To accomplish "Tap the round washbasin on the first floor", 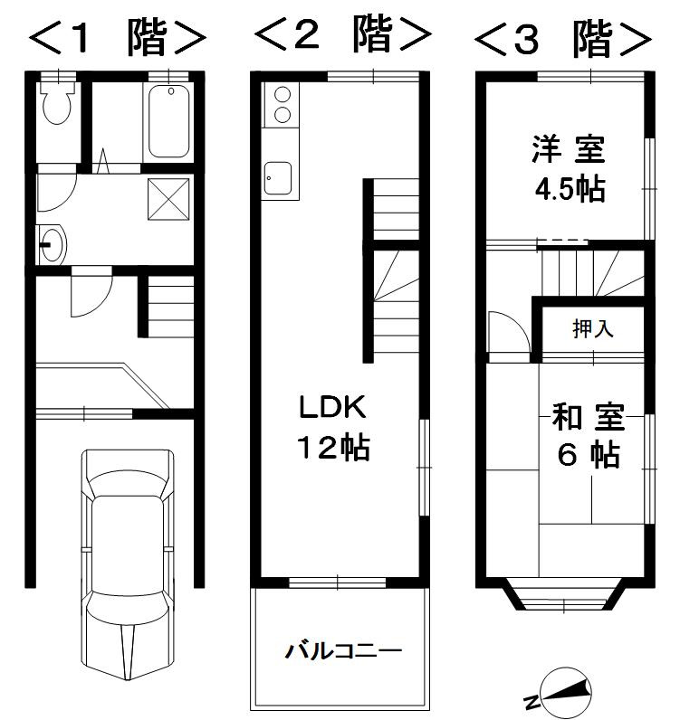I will click(x=52, y=243).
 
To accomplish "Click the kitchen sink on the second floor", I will click(x=277, y=177).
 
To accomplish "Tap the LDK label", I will click(x=332, y=408).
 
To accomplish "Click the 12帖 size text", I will click(x=333, y=448).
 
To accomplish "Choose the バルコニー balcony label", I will click(x=343, y=650).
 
